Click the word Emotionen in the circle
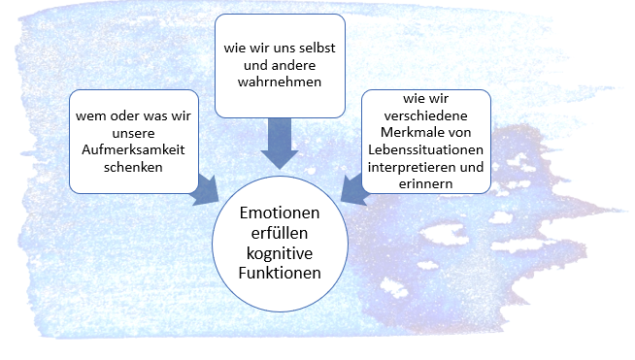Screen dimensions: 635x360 (280, 213)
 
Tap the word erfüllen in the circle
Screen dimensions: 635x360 (280, 233)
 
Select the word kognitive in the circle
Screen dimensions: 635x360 (280, 253)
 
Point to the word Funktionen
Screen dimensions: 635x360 (280, 273)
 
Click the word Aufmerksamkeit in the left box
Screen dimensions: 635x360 (133, 149)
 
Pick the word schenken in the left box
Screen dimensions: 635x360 (133, 167)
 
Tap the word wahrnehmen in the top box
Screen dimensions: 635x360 (280, 82)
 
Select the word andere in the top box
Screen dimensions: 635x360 (293, 65)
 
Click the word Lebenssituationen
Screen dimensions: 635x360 (425, 149)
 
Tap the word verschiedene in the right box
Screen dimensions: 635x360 (425, 115)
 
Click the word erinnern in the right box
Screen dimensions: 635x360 (425, 183)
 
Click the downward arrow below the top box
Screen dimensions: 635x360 (280, 144)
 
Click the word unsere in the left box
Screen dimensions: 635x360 (133, 133)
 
